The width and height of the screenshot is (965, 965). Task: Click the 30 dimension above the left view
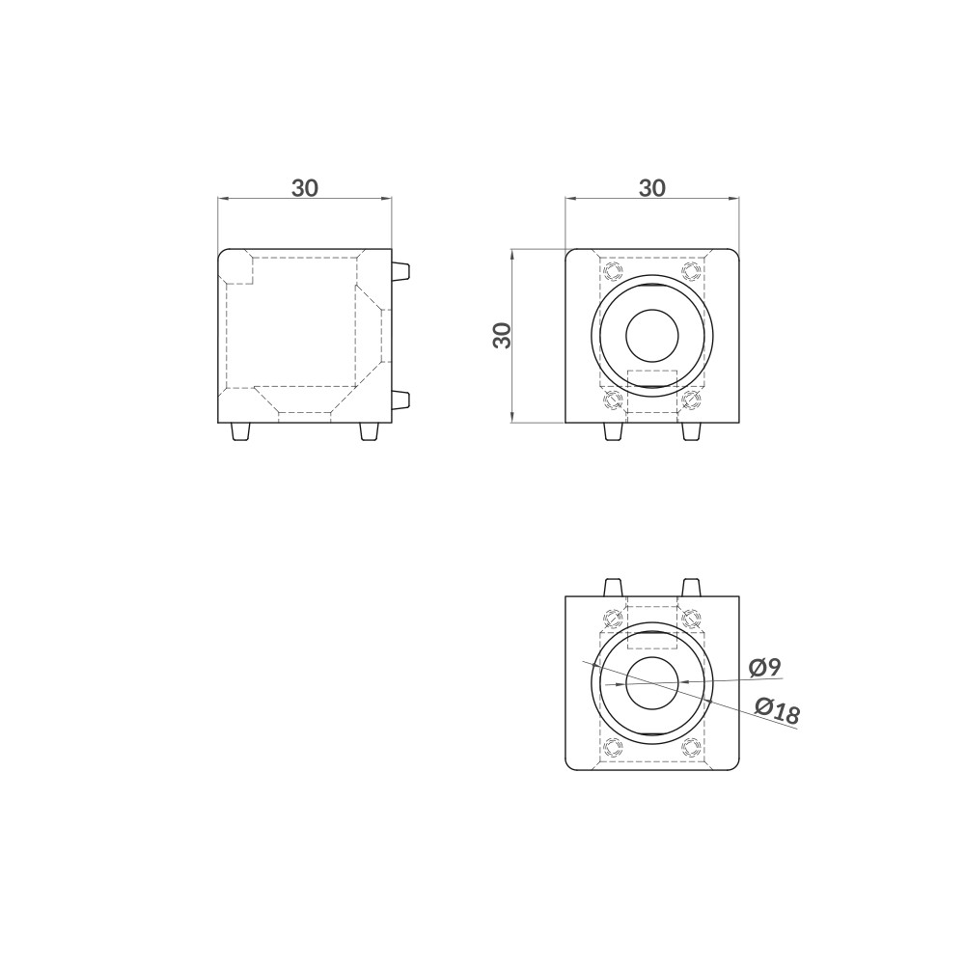click(x=305, y=188)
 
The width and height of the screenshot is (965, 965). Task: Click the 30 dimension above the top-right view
click(x=651, y=188)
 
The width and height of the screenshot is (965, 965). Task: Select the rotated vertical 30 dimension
click(x=503, y=336)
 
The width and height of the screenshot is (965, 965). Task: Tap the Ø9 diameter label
click(x=765, y=667)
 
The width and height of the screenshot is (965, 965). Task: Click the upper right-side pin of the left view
click(x=400, y=271)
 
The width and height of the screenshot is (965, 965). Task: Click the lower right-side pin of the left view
click(x=400, y=400)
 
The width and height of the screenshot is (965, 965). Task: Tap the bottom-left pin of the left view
click(x=240, y=431)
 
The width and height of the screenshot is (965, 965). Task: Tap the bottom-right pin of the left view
click(x=370, y=431)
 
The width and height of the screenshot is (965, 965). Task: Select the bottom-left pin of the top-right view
click(x=613, y=431)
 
